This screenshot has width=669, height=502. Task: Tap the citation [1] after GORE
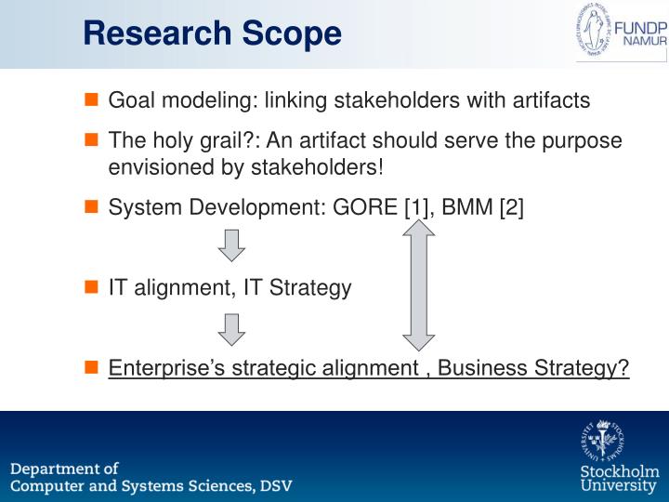(x=415, y=208)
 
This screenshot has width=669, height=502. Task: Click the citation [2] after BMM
(x=511, y=208)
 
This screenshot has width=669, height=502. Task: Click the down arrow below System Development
(x=231, y=244)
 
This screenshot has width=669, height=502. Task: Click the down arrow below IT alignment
(x=231, y=329)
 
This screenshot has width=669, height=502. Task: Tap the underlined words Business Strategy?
(x=533, y=368)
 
